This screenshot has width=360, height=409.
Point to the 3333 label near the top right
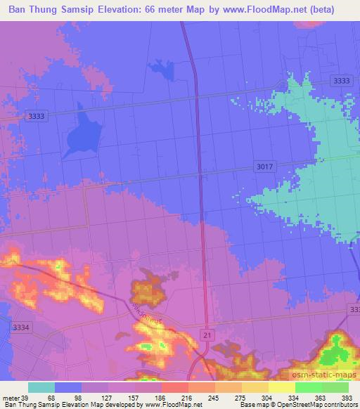point(342,82)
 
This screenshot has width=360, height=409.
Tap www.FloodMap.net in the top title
point(259,9)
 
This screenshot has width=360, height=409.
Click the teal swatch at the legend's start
point(41,387)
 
